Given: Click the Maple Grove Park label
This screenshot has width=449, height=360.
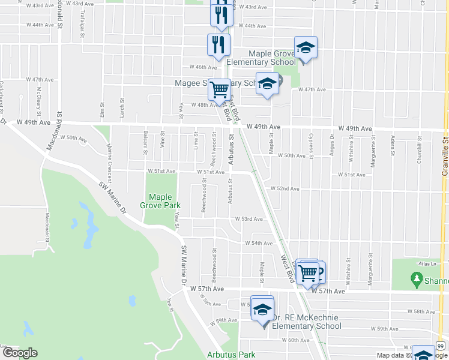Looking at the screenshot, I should (x=160, y=201).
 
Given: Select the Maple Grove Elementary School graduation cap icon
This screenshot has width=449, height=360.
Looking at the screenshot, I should (x=306, y=48).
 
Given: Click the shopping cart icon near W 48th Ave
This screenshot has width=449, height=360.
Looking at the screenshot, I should (x=220, y=89).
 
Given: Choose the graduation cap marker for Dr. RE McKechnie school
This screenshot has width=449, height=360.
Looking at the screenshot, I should (x=262, y=309).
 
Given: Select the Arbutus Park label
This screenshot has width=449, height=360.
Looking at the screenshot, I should (x=231, y=355).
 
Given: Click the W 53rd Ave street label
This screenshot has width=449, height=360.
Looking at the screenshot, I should (x=249, y=220).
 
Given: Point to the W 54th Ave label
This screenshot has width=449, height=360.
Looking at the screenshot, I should (x=258, y=243).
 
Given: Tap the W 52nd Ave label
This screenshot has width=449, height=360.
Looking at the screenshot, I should (x=285, y=188).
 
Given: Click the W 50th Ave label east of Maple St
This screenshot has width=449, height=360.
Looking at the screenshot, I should (x=294, y=155).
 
